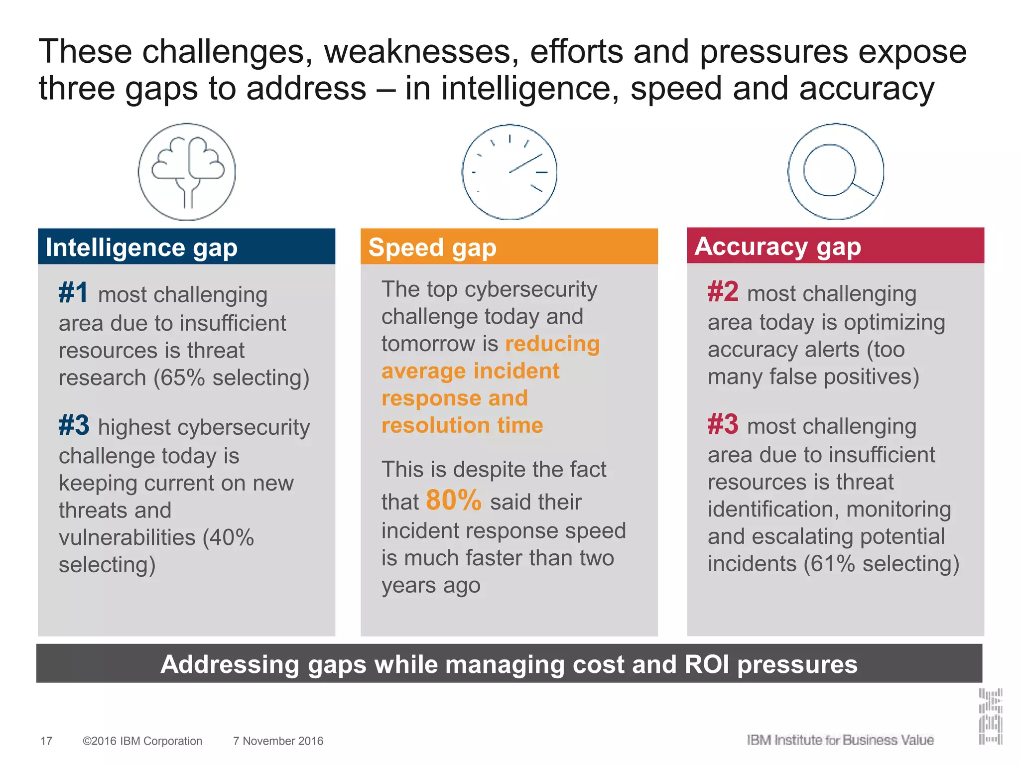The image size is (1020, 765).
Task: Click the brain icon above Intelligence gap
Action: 187,172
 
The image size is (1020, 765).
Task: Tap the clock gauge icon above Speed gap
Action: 510,172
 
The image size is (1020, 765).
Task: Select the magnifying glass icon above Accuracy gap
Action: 836,171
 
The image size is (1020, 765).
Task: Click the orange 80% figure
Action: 454,500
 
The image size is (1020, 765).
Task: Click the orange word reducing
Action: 552,344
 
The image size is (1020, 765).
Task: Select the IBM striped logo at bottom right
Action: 990,716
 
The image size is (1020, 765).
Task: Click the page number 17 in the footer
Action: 46,741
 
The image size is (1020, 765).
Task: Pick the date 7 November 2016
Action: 278,741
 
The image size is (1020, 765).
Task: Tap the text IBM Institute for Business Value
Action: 840,740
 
